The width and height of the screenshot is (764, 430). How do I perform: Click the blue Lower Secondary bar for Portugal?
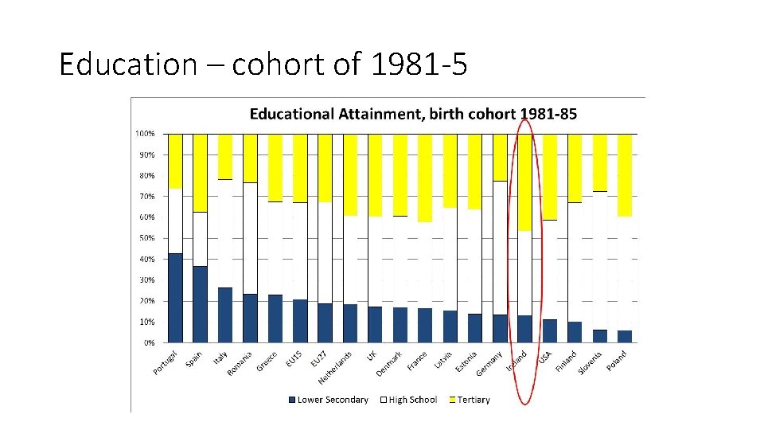point(175,299)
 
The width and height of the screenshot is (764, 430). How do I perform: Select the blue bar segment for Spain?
point(200,305)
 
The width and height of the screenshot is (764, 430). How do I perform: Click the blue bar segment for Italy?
point(225,315)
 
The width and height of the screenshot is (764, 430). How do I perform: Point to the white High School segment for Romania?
point(250,238)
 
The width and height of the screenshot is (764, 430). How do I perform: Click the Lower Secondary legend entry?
point(329,400)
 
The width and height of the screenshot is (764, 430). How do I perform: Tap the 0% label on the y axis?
point(148,343)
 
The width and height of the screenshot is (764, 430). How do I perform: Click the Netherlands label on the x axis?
point(336,364)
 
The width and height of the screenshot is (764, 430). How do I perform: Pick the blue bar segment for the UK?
point(375,325)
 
